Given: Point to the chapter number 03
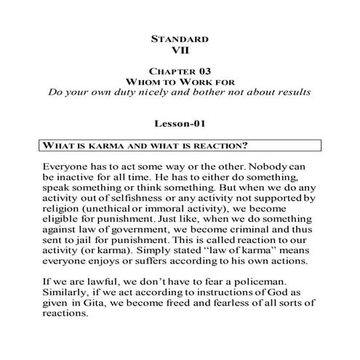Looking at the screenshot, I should tap(202, 72).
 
